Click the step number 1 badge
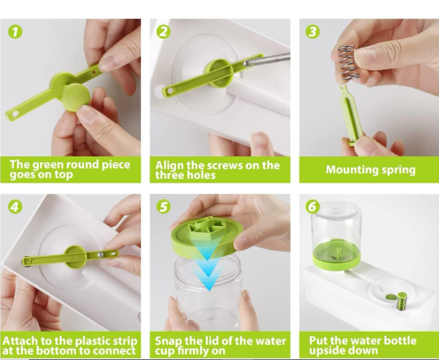tap(15, 32)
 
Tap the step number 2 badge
tap(163, 32)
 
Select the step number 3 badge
tap(313, 32)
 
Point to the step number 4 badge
tap(15, 207)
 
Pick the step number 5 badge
tap(163, 207)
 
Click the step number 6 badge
tap(313, 207)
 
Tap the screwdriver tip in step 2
tap(245, 64)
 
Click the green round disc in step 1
tap(75, 97)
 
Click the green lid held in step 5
tap(207, 236)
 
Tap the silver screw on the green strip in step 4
tap(100, 254)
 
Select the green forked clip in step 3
tap(351, 116)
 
